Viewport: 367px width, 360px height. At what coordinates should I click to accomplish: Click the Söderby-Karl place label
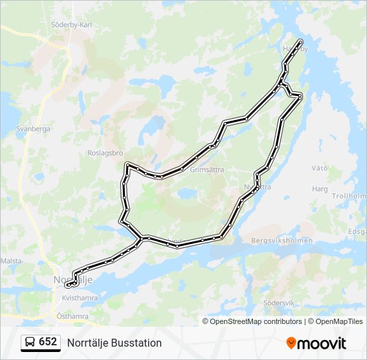[x=71, y=25]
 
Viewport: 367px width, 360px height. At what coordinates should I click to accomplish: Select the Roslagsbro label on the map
[x=105, y=152]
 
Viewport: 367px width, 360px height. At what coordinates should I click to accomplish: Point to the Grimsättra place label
[x=207, y=170]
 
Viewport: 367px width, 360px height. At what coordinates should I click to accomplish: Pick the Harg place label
[x=320, y=189]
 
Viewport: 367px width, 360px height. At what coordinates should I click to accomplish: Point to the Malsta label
[x=12, y=261]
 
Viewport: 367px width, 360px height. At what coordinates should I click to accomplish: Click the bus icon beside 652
[x=30, y=343]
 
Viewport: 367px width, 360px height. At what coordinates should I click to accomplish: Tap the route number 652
[x=48, y=342]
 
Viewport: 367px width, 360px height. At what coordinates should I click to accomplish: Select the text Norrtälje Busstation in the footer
[x=114, y=343]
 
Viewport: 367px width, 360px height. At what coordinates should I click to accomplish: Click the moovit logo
[x=316, y=343]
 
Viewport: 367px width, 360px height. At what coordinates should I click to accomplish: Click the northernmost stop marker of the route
[x=300, y=42]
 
